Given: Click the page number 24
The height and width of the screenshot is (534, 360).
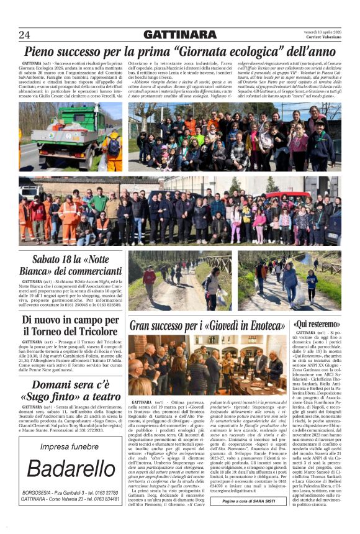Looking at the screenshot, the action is coord(24,34).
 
